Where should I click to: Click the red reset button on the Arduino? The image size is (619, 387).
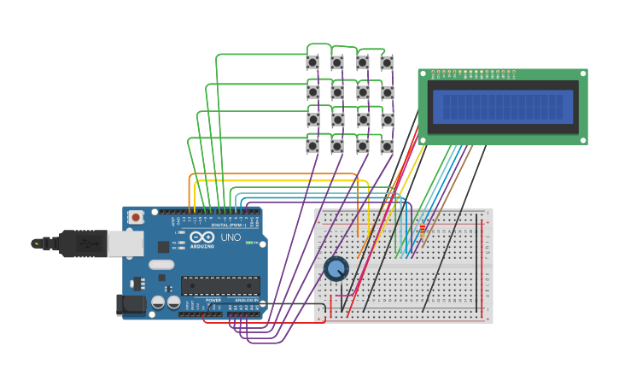136,218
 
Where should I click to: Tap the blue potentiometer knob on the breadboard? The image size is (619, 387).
336,269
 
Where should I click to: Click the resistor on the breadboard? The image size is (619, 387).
421,227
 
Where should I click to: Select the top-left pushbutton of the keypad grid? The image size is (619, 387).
312,62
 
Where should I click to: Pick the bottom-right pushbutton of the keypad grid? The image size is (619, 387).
387,146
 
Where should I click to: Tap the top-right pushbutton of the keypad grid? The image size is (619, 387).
387,62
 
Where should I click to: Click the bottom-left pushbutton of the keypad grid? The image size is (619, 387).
312,146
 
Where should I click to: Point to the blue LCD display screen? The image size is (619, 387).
502,107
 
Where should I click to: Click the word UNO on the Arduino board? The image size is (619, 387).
231,237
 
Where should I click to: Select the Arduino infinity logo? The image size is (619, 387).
202,237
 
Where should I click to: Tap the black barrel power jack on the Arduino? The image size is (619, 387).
130,303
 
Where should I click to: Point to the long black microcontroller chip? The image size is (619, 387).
220,285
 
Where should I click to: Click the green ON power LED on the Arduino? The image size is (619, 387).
249,243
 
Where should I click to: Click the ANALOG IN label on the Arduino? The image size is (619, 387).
245,300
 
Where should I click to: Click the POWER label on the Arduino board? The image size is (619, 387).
213,300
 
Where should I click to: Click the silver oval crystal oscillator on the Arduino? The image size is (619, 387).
161,264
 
